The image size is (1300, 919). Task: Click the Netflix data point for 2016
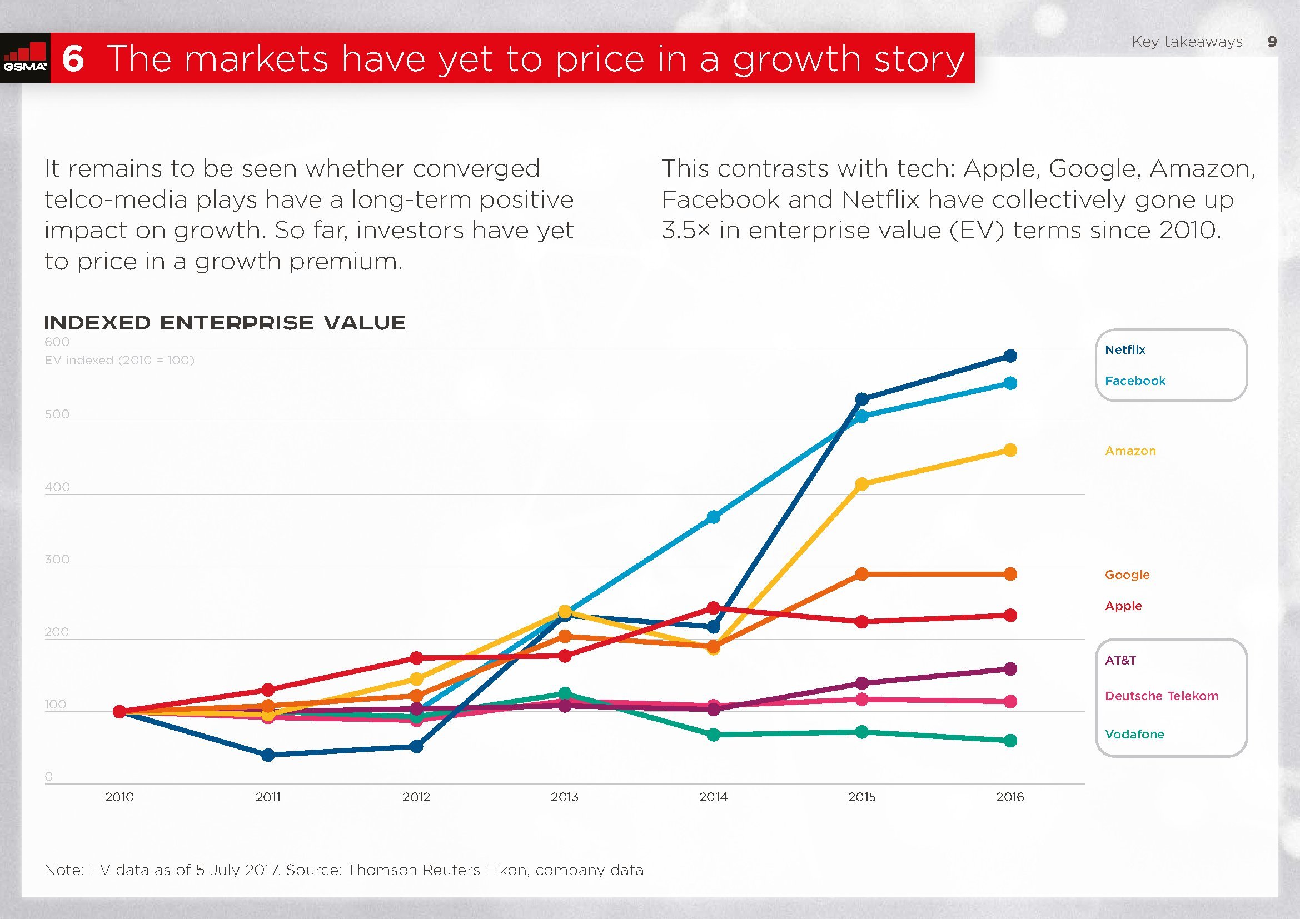coord(1010,356)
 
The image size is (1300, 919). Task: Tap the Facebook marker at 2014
coord(714,517)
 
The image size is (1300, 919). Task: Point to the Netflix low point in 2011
coord(268,755)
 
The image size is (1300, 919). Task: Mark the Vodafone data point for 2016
coord(1010,741)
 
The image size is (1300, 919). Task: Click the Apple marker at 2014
coord(714,608)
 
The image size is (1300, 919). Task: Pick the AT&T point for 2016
coord(1010,669)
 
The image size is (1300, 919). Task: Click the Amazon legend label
coord(1130,451)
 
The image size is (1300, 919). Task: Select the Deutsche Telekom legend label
coord(1161,696)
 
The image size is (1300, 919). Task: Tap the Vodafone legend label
coord(1134,735)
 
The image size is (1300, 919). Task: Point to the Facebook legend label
coord(1135,381)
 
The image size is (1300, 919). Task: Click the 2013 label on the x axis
coord(565,797)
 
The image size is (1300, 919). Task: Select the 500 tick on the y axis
coord(57,414)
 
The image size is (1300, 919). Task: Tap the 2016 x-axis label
coord(1009,797)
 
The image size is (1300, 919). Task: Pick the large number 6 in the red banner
coord(73,59)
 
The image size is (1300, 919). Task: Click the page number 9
coord(1272,41)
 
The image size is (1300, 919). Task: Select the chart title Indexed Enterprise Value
coord(225,323)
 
